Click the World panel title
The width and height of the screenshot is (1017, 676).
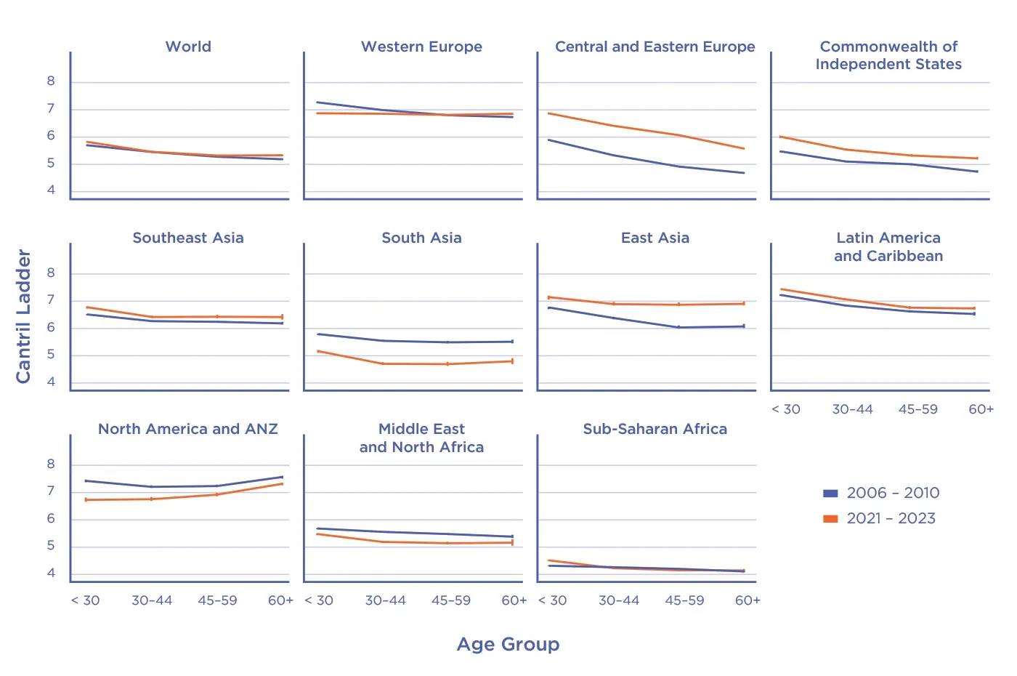pyautogui.click(x=188, y=47)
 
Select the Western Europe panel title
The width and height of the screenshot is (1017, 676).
pyautogui.click(x=421, y=47)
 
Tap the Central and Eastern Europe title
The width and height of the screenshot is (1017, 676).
pyautogui.click(x=655, y=47)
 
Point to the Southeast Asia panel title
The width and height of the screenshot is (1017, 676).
pyautogui.click(x=188, y=238)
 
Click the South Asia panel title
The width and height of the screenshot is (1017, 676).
pyautogui.click(x=421, y=238)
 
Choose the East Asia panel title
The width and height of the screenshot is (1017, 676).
pyautogui.click(x=655, y=238)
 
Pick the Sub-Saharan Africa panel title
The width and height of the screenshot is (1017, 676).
pyautogui.click(x=655, y=429)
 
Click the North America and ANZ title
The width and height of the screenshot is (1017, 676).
pyautogui.click(x=188, y=429)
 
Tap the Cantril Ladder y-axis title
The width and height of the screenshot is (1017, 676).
pyautogui.click(x=24, y=316)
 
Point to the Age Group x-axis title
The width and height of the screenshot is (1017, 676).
pyautogui.click(x=508, y=644)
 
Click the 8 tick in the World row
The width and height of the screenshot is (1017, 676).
pyautogui.click(x=51, y=81)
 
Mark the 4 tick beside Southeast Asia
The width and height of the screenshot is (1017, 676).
pyautogui.click(x=51, y=382)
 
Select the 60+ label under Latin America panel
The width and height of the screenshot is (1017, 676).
pyautogui.click(x=981, y=409)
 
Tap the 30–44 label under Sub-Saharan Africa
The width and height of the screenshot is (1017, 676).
pyautogui.click(x=619, y=600)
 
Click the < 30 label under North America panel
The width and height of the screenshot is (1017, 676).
pyautogui.click(x=86, y=600)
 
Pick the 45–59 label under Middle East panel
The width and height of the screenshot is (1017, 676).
pyautogui.click(x=451, y=600)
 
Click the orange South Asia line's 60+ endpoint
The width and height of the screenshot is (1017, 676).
pyautogui.click(x=513, y=361)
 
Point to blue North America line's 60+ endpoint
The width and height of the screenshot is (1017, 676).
pyautogui.click(x=283, y=477)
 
